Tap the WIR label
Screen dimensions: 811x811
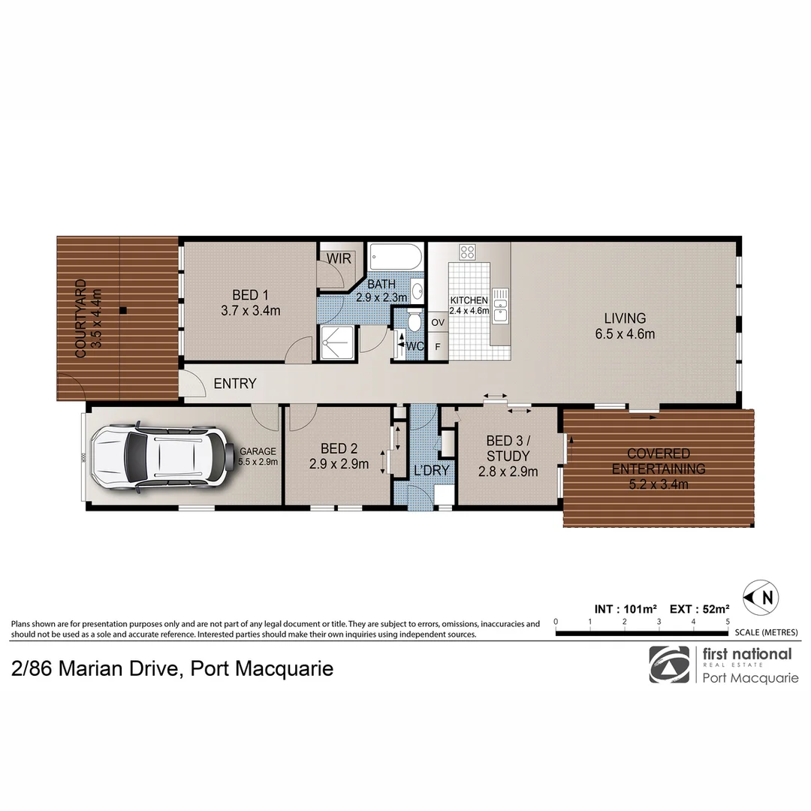339,258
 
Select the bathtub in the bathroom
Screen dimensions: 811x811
396,258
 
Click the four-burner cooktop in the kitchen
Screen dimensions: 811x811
467,252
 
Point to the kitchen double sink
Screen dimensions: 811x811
500,306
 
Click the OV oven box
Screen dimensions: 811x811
438,322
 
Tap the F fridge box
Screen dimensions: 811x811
438,347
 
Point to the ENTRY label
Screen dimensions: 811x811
235,384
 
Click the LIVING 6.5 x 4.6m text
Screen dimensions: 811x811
625,326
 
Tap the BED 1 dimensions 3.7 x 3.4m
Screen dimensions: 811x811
250,310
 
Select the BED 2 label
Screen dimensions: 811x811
339,448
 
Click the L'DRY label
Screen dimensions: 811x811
431,471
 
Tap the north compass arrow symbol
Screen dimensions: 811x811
760,598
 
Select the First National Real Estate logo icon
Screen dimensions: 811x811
668,665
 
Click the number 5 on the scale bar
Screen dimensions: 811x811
728,622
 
